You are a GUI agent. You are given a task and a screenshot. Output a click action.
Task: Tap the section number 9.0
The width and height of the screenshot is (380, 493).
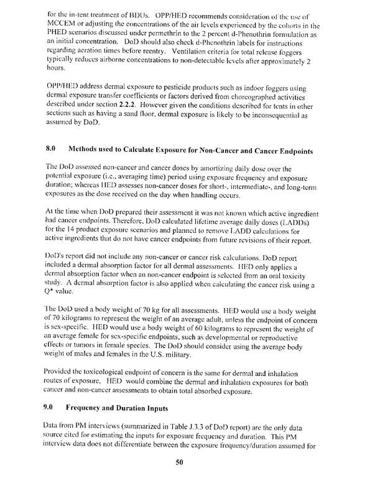click(52, 410)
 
